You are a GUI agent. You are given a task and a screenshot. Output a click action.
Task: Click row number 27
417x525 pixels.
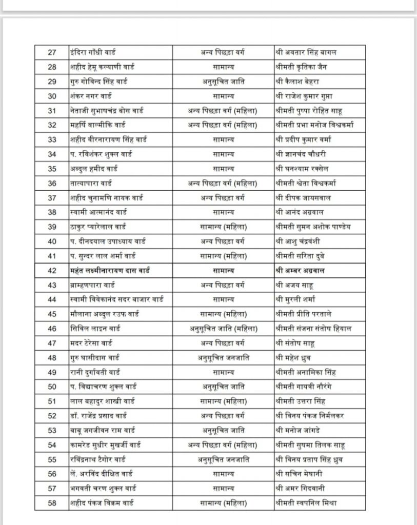pos(52,52)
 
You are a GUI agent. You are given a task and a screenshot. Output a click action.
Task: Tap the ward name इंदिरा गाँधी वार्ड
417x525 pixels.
pos(93,52)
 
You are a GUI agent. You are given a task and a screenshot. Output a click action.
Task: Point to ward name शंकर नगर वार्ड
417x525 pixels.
pos(91,96)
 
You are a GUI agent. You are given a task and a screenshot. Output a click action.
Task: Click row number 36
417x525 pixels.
pos(52,183)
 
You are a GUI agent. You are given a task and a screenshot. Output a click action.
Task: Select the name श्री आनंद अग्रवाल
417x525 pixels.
pos(300,212)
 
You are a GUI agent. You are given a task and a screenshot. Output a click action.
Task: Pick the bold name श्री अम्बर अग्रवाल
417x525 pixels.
pos(300,270)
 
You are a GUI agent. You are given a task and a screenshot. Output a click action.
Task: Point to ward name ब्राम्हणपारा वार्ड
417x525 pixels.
pos(92,285)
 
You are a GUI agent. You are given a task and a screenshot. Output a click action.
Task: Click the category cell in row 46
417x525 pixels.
pos(223,328)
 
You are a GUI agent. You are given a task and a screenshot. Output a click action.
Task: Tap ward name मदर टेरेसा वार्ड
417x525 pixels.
pos(91,342)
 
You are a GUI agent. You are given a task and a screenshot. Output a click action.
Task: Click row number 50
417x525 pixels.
pos(52,386)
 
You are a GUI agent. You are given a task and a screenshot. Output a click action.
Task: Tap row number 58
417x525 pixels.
pos(52,502)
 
